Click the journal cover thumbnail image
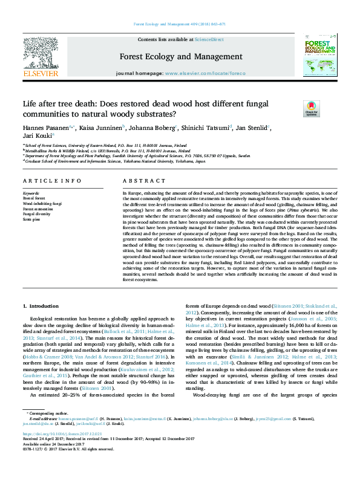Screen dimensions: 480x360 coord(319,56)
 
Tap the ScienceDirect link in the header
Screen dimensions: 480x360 coord(209,39)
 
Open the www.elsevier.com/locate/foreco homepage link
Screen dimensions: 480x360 coord(205,73)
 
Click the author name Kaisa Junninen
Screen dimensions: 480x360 coord(100,128)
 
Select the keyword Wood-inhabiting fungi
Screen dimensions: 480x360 coord(42,204)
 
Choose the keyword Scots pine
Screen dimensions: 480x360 coord(32,219)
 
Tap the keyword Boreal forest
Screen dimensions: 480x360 coord(34,198)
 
